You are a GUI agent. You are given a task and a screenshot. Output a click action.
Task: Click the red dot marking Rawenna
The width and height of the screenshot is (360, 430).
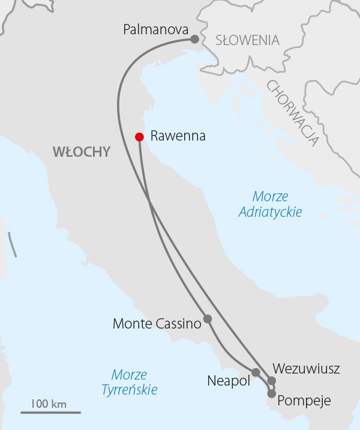point(139,136)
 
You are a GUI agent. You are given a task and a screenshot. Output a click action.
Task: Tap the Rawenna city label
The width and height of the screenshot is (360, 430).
point(178,136)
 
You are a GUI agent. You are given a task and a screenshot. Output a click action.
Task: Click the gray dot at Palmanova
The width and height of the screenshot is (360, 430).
point(194,39)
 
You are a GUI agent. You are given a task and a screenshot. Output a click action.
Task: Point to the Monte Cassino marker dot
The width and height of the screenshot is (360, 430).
point(208,319)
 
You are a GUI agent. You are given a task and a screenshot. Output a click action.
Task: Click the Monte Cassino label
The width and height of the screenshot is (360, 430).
point(156,324)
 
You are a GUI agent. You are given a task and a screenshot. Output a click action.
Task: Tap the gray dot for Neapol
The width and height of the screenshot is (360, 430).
point(256,372)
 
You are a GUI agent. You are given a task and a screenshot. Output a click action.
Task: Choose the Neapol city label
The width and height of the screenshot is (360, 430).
point(228,381)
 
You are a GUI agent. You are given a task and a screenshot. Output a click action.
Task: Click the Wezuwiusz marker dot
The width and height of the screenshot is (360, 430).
point(271,381)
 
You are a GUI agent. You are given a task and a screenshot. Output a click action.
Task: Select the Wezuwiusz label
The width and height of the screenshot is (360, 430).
point(306,368)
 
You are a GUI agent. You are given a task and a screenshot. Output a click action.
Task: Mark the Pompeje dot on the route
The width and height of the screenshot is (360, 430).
point(272,394)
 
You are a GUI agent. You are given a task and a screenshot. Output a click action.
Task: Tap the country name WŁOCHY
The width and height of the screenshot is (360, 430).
point(82,152)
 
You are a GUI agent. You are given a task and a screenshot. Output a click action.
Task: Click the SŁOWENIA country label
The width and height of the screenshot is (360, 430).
point(247,41)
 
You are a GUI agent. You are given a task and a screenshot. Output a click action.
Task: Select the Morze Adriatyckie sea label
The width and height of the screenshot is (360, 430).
point(270,204)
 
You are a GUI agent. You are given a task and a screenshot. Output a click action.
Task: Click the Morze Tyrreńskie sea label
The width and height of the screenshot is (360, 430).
point(129,383)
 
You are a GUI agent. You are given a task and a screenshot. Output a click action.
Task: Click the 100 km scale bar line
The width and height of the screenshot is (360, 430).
point(50,413)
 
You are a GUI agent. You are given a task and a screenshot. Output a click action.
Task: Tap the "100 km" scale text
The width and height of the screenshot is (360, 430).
point(49,403)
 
